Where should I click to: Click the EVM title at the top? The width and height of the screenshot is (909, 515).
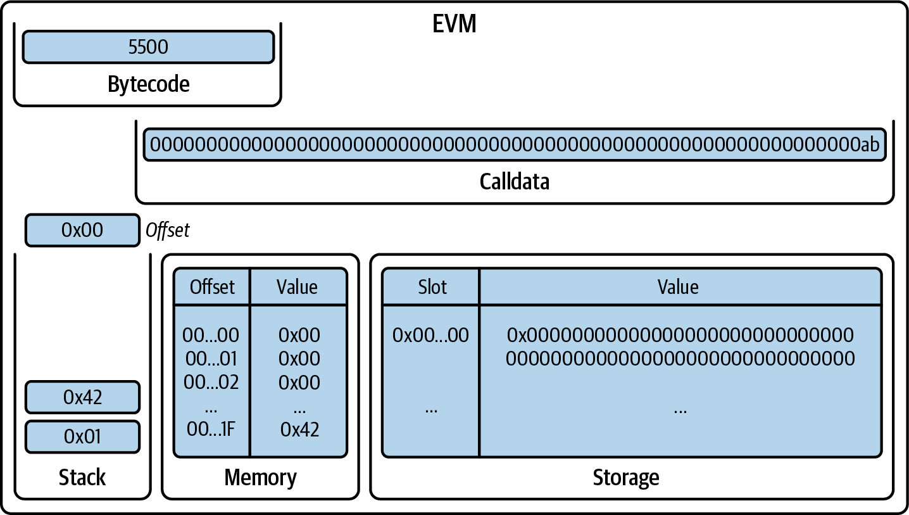pyautogui.click(x=454, y=24)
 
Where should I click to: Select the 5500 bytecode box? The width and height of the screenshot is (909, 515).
pyautogui.click(x=148, y=48)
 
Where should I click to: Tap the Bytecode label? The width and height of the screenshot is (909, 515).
pyautogui.click(x=148, y=84)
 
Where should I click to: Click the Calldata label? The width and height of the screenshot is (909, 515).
pyautogui.click(x=514, y=182)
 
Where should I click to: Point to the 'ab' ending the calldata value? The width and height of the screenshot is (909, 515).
pyautogui.click(x=869, y=145)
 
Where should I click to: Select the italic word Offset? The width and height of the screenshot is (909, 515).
pyautogui.click(x=167, y=231)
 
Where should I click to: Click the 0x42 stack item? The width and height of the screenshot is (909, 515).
pyautogui.click(x=82, y=397)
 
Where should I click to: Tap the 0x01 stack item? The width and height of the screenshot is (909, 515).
pyautogui.click(x=82, y=436)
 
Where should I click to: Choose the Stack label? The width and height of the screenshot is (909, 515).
pyautogui.click(x=82, y=477)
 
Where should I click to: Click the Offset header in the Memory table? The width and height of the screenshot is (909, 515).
pyautogui.click(x=212, y=287)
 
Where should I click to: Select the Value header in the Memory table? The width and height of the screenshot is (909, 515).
pyautogui.click(x=297, y=287)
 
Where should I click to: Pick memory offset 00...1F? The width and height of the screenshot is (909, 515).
pyautogui.click(x=211, y=429)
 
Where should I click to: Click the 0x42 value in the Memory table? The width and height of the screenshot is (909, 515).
pyautogui.click(x=299, y=429)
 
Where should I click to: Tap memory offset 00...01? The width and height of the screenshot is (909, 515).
pyautogui.click(x=211, y=359)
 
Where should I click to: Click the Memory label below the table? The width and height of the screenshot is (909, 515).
pyautogui.click(x=260, y=477)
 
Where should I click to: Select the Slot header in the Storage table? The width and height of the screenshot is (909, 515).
pyautogui.click(x=432, y=287)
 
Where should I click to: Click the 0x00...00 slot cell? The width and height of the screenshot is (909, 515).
pyautogui.click(x=430, y=335)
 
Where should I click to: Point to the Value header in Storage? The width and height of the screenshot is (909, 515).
pyautogui.click(x=678, y=287)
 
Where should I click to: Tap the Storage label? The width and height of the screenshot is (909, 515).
pyautogui.click(x=625, y=477)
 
